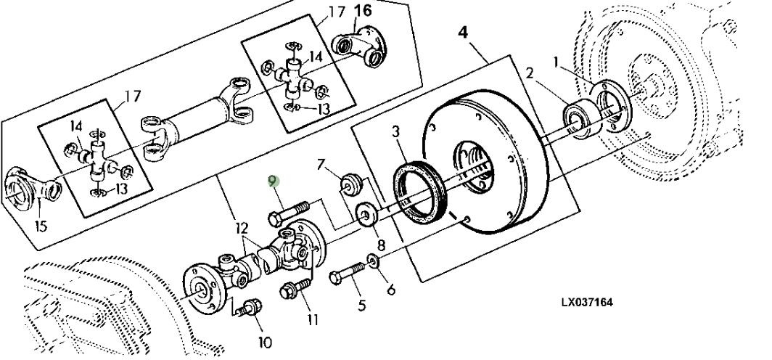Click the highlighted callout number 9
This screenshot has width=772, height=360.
click(x=274, y=181)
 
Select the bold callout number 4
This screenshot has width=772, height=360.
click(x=463, y=33)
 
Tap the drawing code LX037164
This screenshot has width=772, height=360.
click(x=588, y=302)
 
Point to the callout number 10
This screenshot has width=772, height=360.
click(x=265, y=342)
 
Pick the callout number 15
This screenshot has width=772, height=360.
click(x=41, y=226)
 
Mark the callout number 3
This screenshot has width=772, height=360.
click(x=396, y=132)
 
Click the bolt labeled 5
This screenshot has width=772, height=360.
click(x=347, y=274)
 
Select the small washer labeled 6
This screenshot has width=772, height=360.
click(x=373, y=261)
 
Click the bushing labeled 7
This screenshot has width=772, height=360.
click(x=351, y=183)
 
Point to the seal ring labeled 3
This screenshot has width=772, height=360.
click(x=419, y=192)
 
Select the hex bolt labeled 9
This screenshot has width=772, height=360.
click(x=288, y=212)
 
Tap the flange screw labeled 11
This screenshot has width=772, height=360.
click(x=295, y=288)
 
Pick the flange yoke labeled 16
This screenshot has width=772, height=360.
click(x=359, y=46)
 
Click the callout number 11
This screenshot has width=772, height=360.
click(x=313, y=319)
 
